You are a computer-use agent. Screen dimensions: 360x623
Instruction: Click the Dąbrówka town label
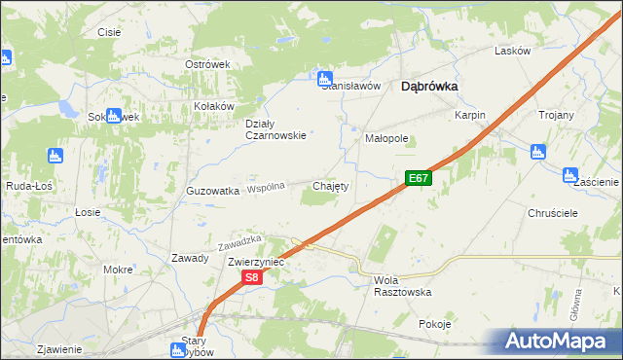(x=429, y=86)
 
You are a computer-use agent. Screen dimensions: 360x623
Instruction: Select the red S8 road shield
(x=251, y=278)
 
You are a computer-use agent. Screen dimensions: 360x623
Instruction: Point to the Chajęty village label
(x=330, y=185)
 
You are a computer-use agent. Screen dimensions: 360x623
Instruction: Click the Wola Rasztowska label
(x=402, y=285)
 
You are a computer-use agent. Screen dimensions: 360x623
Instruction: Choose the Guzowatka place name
(x=212, y=192)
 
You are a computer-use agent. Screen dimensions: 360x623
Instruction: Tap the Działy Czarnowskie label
(x=275, y=129)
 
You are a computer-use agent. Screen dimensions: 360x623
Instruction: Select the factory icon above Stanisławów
(x=325, y=77)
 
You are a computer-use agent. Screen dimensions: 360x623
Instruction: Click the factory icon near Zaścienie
(x=570, y=174)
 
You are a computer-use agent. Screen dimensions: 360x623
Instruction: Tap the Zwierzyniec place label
(x=255, y=263)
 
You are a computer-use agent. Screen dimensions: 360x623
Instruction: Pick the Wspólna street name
(x=266, y=187)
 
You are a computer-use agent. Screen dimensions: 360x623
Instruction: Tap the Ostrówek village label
(x=206, y=64)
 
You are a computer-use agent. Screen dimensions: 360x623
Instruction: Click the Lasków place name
(x=512, y=51)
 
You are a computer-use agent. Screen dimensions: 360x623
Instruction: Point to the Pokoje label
(x=434, y=324)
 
